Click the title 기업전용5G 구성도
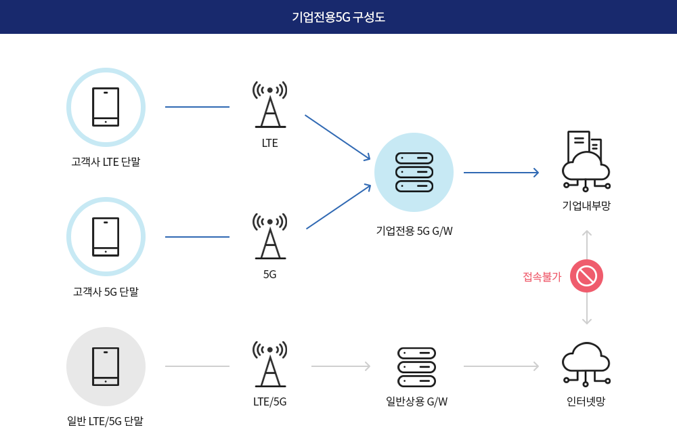click(338, 17)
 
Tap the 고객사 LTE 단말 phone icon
click(106, 107)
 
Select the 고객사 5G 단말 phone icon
click(106, 237)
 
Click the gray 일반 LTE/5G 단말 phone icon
click(106, 366)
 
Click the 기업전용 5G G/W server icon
click(414, 172)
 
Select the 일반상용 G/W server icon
click(416, 366)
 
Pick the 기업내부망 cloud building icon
click(586, 160)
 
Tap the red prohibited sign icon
click(586, 276)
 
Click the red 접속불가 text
click(542, 277)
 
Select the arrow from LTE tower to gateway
click(337, 137)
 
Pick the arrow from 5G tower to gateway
click(338, 207)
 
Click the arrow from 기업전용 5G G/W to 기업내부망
click(501, 173)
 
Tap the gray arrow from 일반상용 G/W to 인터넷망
click(501, 366)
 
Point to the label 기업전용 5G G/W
click(414, 231)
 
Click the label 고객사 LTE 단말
click(106, 162)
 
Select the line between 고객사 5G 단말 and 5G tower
click(197, 237)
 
